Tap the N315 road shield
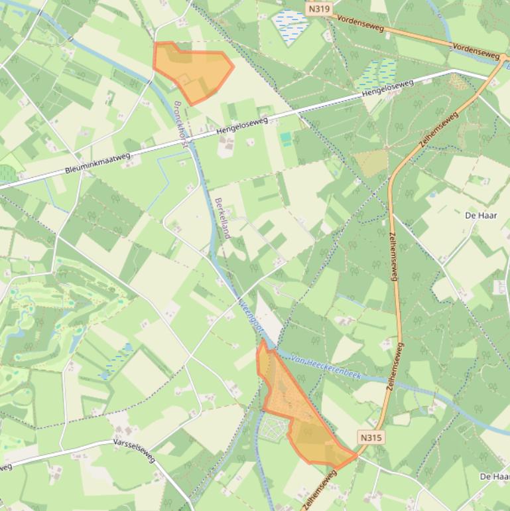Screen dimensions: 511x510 [x=371, y=437]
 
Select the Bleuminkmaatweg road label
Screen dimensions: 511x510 [x=98, y=163]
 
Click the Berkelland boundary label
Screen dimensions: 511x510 [x=222, y=218]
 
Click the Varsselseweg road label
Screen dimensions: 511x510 [x=133, y=449]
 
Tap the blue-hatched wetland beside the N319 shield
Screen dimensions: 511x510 [x=290, y=25]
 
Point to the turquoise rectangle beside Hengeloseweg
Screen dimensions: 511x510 [x=286, y=139]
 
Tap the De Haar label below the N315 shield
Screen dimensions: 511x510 [x=493, y=476]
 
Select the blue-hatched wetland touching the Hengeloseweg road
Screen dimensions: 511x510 [x=377, y=74]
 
